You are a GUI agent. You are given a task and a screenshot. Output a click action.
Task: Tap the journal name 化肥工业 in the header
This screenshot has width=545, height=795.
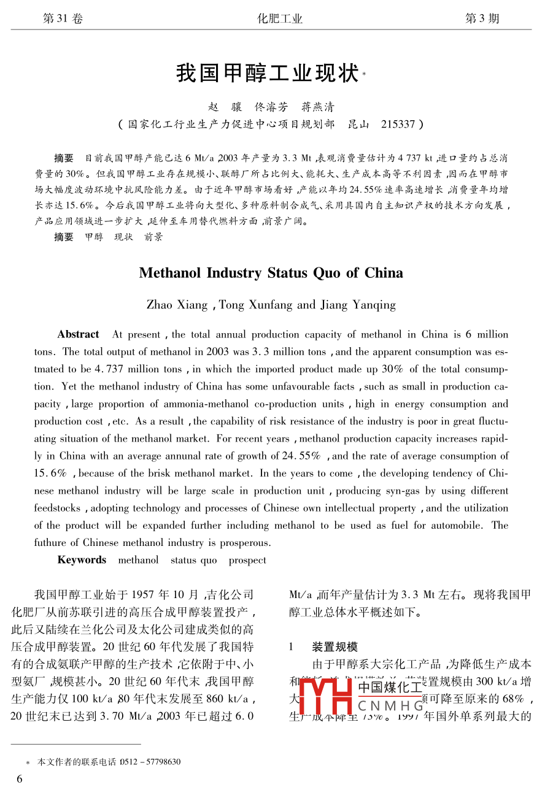[x=280, y=18]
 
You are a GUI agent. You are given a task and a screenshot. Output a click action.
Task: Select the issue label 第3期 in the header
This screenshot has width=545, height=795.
[x=482, y=18]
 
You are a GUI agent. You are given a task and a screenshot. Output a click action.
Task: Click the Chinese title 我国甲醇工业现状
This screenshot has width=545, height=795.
[x=267, y=73]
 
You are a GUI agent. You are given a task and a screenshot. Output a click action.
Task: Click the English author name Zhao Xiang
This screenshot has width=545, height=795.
[x=177, y=305]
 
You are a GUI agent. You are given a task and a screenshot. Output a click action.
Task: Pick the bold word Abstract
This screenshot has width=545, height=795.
[x=78, y=334]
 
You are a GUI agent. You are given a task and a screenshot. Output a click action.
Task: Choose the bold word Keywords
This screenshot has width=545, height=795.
[x=82, y=560]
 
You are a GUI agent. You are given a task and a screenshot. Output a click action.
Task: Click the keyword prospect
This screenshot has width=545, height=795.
[x=247, y=560]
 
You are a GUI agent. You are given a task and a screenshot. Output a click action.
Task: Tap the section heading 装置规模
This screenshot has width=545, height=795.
[x=334, y=647]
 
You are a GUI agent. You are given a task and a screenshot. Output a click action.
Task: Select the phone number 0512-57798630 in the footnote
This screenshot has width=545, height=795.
[x=150, y=762]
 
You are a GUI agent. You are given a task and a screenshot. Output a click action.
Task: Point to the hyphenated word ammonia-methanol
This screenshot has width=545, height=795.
[x=214, y=404]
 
